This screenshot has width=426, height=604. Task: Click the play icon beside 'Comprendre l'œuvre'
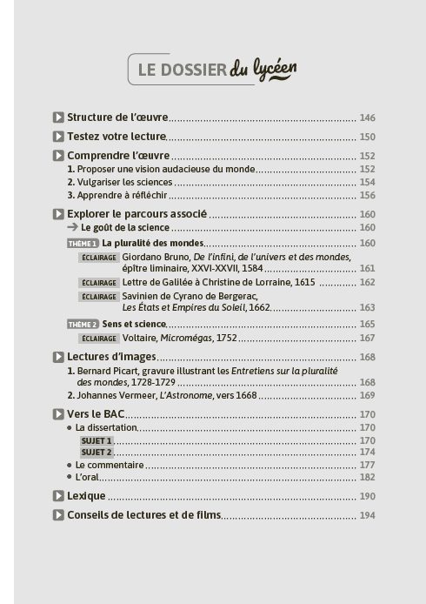click(58, 156)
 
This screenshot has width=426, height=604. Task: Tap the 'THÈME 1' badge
click(83, 243)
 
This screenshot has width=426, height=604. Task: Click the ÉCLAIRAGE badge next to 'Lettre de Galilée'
click(98, 283)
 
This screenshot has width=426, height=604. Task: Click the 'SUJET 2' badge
click(97, 453)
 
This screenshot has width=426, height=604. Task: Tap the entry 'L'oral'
click(87, 477)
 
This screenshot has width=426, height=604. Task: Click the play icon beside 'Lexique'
click(58, 496)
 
